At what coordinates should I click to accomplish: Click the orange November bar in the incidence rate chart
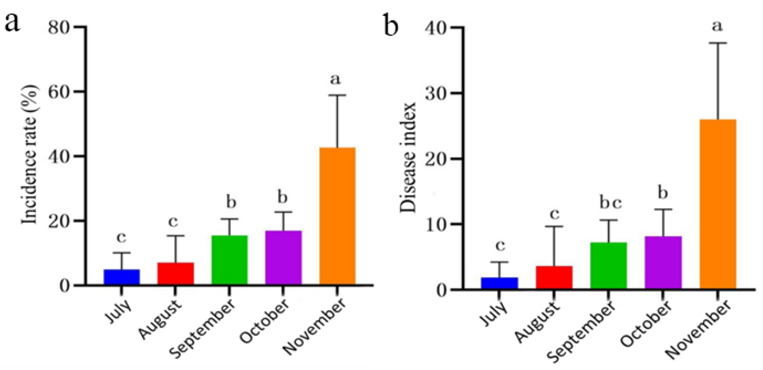coord(337,216)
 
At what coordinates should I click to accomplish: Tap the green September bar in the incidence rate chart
coord(229,260)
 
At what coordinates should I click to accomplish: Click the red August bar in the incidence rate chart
coord(175,274)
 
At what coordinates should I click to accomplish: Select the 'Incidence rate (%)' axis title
coord(30,154)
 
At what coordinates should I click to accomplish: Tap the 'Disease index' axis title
coord(408,157)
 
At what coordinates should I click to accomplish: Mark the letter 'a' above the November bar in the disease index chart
coord(717,26)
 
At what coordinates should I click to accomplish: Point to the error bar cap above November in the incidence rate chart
coord(337,95)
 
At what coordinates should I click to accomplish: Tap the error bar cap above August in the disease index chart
coord(554,226)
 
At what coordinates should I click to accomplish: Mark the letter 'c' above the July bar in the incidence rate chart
coord(121,238)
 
